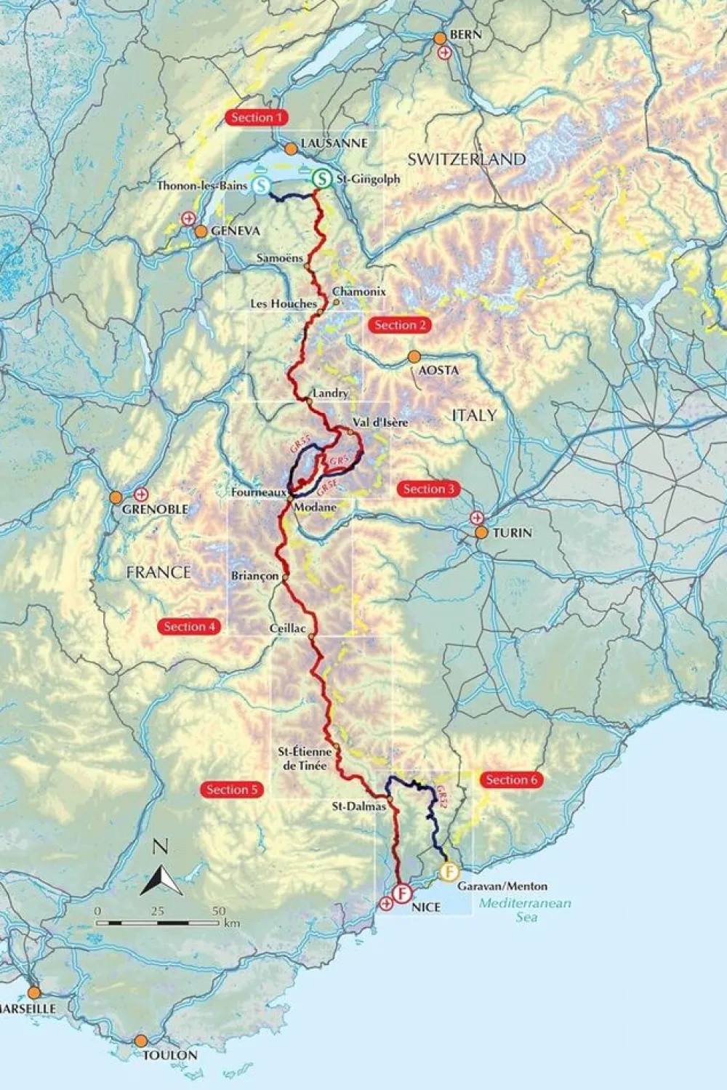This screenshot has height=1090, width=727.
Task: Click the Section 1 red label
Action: pos(257,118)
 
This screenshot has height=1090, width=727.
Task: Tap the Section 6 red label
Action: pos(512,780)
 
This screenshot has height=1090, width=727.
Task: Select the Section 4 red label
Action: pos(189,627)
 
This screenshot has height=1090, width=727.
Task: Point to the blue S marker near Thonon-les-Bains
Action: pos(263,185)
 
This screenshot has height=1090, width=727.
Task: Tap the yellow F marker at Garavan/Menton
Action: pos(449,872)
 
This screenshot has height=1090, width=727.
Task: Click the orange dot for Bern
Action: pos(439,38)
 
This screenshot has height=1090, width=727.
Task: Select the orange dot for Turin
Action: pos(481,532)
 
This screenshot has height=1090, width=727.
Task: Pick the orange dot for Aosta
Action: pos(414,356)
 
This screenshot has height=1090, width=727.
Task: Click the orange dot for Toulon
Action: pos(140,1041)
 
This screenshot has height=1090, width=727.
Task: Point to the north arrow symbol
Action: pos(161,876)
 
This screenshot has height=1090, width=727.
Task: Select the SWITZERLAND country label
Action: pos(466,159)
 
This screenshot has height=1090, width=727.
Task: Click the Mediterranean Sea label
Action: pos(525,910)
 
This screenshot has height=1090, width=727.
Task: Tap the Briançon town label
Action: pos(254,575)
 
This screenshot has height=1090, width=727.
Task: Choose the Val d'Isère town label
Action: pos(379,422)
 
